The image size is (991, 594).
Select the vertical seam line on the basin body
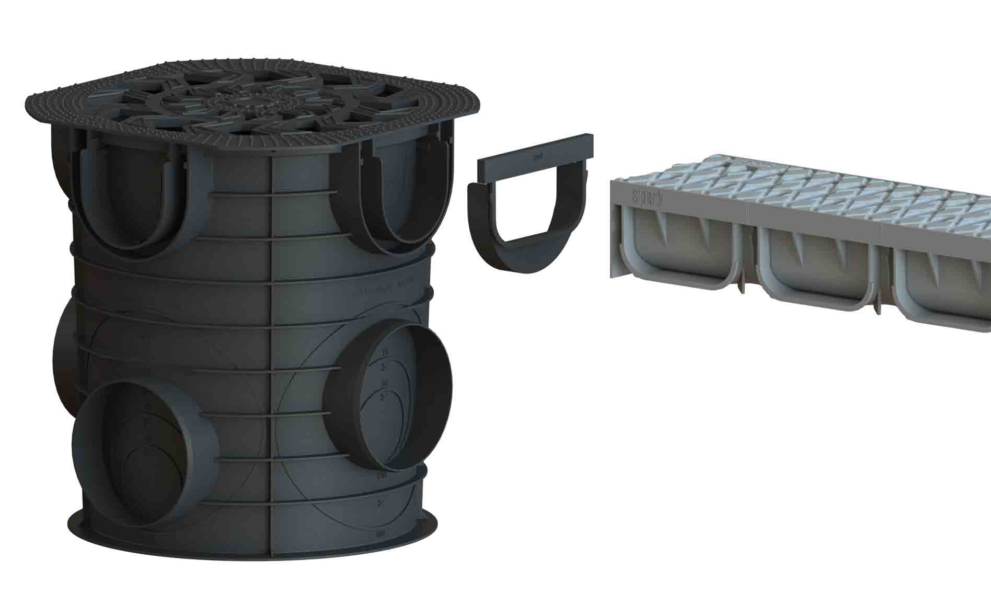pyautogui.click(x=271, y=366)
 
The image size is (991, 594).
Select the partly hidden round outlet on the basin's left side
pyautogui.click(x=65, y=361)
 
